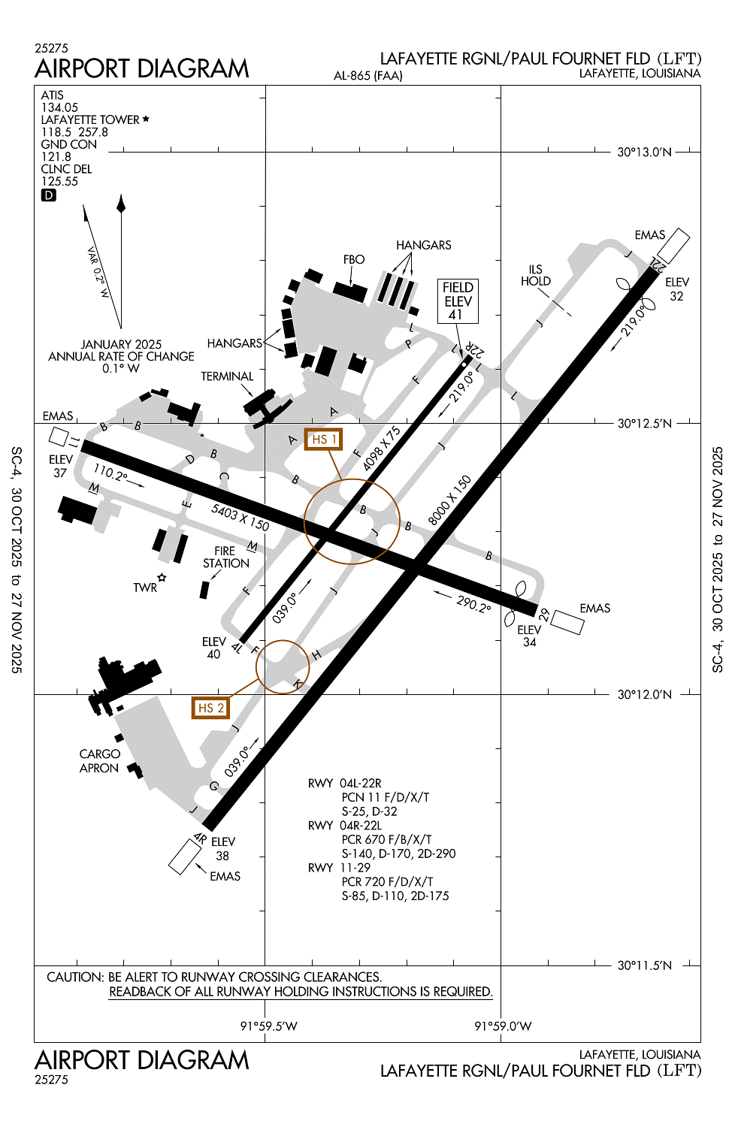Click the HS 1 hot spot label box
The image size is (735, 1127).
click(x=324, y=440)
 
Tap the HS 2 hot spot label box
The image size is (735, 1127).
click(x=210, y=708)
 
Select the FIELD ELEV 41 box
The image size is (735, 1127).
click(x=458, y=301)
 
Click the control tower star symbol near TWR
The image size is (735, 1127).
click(x=162, y=578)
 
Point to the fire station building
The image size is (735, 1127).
click(x=204, y=590)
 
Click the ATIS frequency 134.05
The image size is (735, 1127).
click(x=59, y=107)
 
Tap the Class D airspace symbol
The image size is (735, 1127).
click(x=48, y=195)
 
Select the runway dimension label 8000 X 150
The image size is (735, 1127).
click(x=449, y=500)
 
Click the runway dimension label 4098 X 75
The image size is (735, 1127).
click(x=381, y=449)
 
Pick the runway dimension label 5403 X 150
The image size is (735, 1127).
click(x=240, y=517)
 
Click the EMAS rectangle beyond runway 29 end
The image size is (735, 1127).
click(x=567, y=622)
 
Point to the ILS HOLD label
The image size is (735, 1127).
click(x=536, y=275)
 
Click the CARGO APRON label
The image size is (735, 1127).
click(x=99, y=760)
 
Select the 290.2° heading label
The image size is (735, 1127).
click(x=473, y=604)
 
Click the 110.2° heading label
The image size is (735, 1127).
click(x=110, y=473)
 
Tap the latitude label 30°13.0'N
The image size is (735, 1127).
click(x=644, y=152)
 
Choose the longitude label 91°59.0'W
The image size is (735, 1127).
click(x=503, y=1026)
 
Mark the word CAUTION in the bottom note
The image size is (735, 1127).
click(x=75, y=977)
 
